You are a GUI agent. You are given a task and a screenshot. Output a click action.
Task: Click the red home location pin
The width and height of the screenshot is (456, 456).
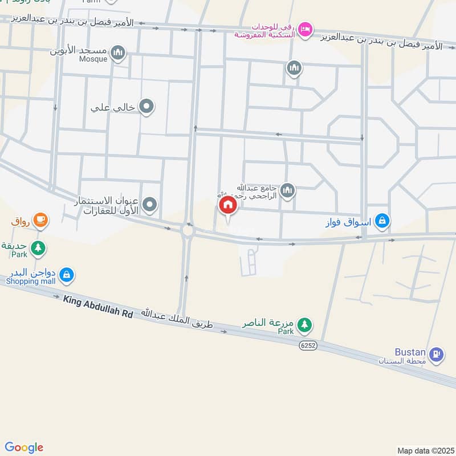click(x=227, y=205)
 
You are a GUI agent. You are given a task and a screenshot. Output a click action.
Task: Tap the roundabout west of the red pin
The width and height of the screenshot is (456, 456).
click(x=188, y=231)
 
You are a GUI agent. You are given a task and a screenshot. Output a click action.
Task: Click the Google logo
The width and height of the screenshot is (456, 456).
click(x=24, y=447)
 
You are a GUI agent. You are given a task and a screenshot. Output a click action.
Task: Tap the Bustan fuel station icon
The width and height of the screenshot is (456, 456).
click(x=437, y=354)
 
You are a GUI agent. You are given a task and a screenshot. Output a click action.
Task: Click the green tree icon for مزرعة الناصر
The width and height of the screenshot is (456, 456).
click(x=305, y=325)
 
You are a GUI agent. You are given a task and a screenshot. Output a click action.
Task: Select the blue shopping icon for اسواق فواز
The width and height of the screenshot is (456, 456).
click(x=383, y=221)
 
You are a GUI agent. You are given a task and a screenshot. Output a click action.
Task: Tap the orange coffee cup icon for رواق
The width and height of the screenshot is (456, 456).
click(x=40, y=220)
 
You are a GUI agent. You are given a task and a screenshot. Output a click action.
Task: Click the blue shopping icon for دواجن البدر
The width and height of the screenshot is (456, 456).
click(x=67, y=275)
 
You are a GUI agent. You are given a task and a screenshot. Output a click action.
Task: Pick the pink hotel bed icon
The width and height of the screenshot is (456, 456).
click(x=306, y=28)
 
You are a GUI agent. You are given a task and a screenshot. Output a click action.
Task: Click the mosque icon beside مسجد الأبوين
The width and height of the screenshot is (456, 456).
click(x=118, y=54)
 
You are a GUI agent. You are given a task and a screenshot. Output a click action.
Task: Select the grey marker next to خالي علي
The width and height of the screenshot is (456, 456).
click(x=146, y=106)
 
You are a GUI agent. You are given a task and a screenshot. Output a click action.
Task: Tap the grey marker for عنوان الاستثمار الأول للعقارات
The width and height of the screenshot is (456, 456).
click(x=150, y=204)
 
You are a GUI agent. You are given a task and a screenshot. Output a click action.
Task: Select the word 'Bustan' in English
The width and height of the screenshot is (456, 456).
click(x=410, y=352)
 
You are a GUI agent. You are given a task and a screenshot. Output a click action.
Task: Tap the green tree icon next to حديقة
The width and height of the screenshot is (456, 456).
click(x=38, y=248)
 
